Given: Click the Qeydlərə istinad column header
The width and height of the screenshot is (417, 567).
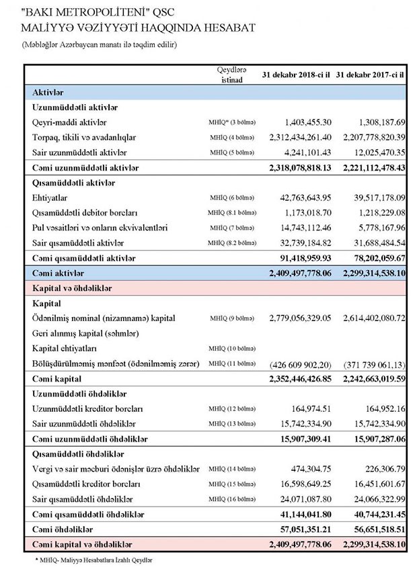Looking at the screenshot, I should (232, 74).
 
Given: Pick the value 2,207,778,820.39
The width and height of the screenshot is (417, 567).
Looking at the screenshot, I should (372, 137).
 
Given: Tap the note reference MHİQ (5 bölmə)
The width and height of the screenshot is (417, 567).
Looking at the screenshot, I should (232, 152).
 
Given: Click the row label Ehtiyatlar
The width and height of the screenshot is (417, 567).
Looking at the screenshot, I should (51, 198).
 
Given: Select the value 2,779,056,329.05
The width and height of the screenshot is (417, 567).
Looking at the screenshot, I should (300, 318).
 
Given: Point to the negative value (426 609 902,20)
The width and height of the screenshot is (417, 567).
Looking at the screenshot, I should (301, 363).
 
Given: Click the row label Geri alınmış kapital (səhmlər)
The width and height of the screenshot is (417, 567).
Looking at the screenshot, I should (85, 333).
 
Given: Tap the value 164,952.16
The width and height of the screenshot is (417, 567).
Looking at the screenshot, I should (381, 408).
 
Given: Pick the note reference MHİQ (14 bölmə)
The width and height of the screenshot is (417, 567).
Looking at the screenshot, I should (232, 469).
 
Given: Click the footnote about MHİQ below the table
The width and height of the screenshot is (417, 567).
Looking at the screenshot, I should (93, 559).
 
